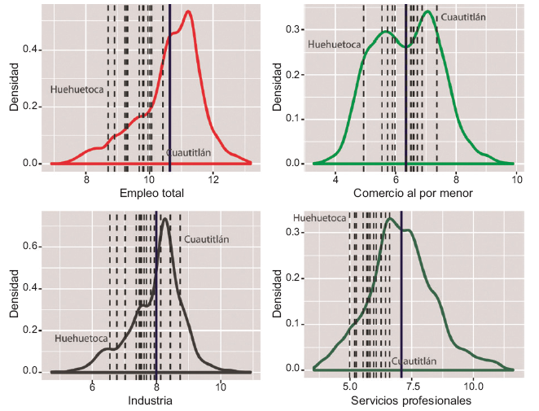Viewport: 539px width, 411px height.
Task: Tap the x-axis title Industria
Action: tap(151, 401)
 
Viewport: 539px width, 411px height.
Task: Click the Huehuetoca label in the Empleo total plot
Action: tap(77, 90)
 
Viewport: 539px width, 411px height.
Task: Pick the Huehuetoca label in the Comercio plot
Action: tap(334, 46)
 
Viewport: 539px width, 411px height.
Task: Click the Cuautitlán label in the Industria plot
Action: tap(207, 239)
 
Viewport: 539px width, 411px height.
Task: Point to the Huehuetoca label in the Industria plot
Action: tap(81, 337)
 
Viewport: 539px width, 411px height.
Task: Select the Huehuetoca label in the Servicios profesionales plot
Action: tap(320, 218)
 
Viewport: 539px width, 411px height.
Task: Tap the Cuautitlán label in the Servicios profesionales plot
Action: tap(414, 361)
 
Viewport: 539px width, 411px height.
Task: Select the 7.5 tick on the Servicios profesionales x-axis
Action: tap(412, 386)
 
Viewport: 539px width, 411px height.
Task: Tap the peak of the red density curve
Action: tap(188, 11)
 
